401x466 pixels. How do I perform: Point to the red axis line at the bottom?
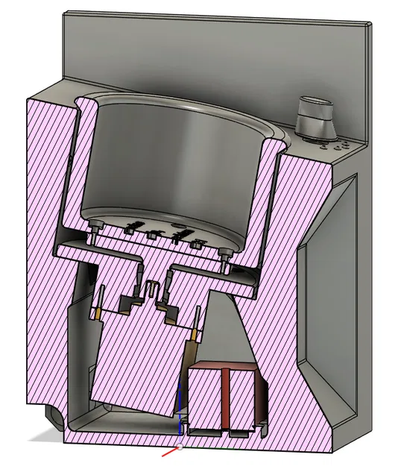tap(171, 451)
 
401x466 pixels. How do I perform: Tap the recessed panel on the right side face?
tap(328, 298)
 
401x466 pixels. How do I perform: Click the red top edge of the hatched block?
tap(224, 368)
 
